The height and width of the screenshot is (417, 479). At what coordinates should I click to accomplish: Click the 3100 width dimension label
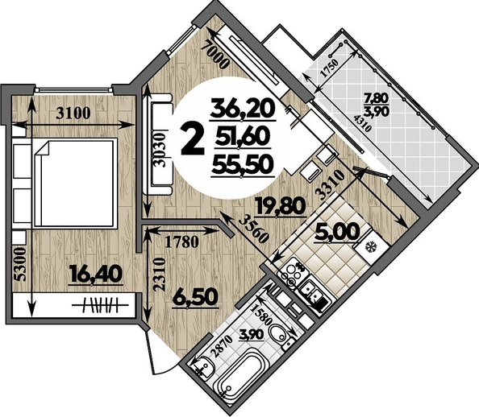pyautogui.click(x=73, y=113)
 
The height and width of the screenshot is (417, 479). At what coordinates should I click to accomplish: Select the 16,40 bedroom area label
pyautogui.click(x=96, y=274)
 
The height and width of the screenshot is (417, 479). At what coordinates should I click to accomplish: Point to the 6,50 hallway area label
pyautogui.click(x=195, y=297)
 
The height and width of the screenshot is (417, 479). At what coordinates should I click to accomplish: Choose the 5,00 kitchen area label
pyautogui.click(x=338, y=231)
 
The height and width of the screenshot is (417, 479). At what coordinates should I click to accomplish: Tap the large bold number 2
pyautogui.click(x=193, y=141)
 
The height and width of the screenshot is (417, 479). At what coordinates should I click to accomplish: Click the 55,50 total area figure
pyautogui.click(x=242, y=164)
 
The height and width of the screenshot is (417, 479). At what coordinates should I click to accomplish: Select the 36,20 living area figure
pyautogui.click(x=243, y=109)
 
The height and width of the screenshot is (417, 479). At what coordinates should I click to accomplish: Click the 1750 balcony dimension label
pyautogui.click(x=329, y=68)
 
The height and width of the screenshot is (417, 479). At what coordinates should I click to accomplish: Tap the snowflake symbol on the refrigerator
pyautogui.click(x=372, y=246)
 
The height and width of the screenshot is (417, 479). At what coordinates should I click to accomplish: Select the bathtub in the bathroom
pyautogui.click(x=241, y=374)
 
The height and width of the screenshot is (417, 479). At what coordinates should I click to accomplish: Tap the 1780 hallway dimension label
pyautogui.click(x=181, y=242)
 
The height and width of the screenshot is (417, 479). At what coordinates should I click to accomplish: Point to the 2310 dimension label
pyautogui.click(x=160, y=275)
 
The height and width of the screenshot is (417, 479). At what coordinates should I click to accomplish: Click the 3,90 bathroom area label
pyautogui.click(x=252, y=335)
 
